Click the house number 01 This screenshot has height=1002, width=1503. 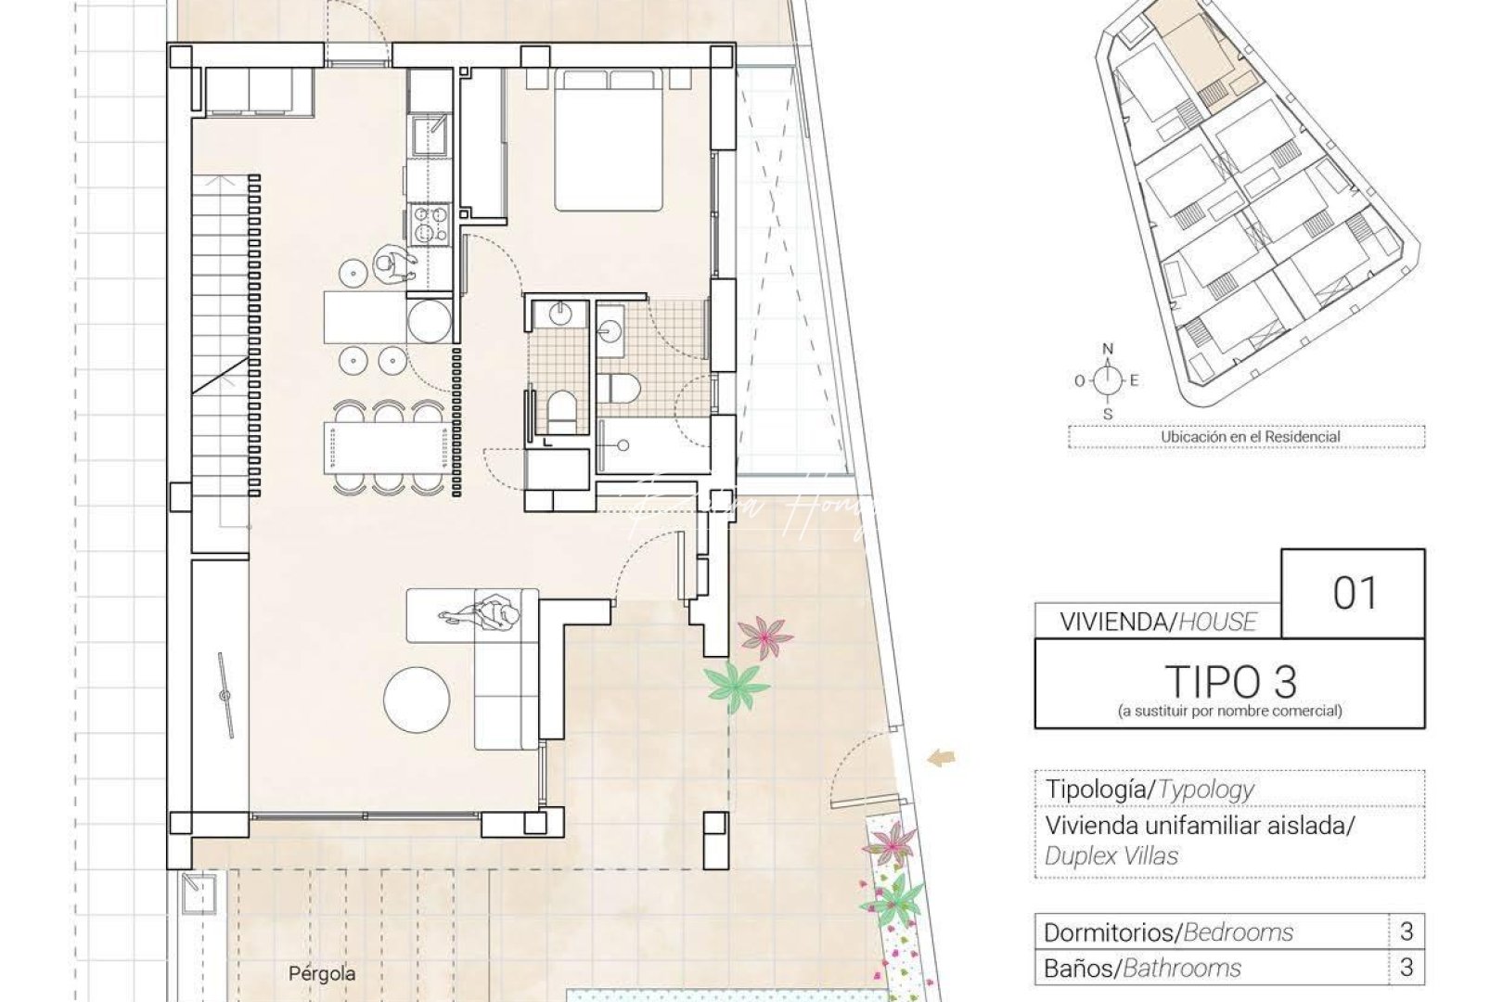point(1355,594)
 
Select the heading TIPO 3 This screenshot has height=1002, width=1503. point(1230,682)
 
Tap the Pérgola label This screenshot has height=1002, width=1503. point(321,973)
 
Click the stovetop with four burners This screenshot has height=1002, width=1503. point(428,225)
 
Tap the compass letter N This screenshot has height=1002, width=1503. point(1108,349)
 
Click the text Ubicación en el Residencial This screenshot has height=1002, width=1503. point(1250,436)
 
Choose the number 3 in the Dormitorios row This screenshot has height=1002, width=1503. point(1407,931)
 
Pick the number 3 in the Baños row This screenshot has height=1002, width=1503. point(1407,968)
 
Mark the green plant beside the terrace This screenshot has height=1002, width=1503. point(737,687)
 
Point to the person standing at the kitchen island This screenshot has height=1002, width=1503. point(392,266)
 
